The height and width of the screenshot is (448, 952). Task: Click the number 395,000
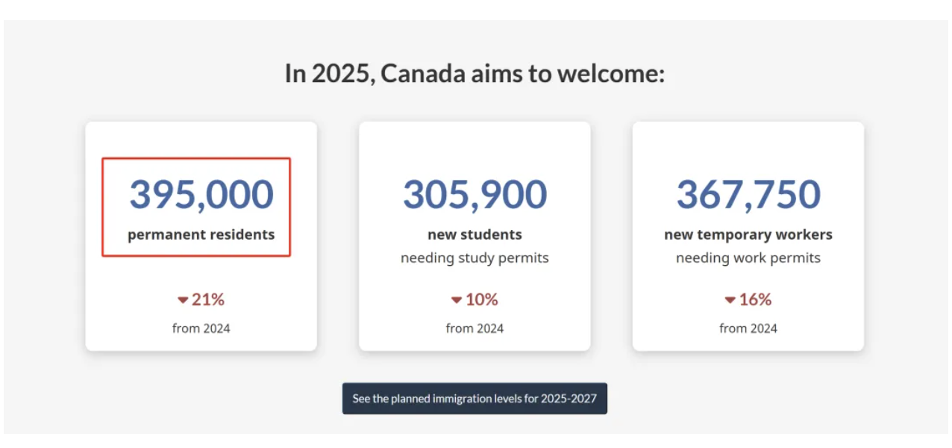coord(201,194)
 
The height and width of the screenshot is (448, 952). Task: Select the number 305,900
coord(475,194)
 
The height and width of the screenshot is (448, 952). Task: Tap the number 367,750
coord(748,194)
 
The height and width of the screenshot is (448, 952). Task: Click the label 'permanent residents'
coord(201,235)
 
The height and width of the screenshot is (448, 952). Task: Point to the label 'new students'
coord(475,234)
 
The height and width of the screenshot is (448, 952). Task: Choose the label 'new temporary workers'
coord(748,235)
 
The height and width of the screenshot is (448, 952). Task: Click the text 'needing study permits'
coord(475,258)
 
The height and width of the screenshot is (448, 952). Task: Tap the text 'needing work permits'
coord(748,258)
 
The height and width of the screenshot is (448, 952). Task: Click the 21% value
coord(208,299)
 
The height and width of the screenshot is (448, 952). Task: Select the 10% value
coord(481,299)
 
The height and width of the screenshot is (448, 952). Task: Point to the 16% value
coord(755,299)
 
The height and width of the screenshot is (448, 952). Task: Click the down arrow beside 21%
coord(183,300)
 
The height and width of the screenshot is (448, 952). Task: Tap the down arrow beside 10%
coord(457,300)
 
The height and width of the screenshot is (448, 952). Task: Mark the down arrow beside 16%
coord(730,300)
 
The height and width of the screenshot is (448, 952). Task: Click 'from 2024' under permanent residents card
coord(201,329)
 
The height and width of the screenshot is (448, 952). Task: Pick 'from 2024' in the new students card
coord(475,329)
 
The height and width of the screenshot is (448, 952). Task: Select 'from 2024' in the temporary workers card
coord(748,329)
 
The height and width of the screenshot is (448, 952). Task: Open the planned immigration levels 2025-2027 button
coord(475,399)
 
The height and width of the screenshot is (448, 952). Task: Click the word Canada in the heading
coord(423,74)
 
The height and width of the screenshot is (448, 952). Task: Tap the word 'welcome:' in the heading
coord(611,74)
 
